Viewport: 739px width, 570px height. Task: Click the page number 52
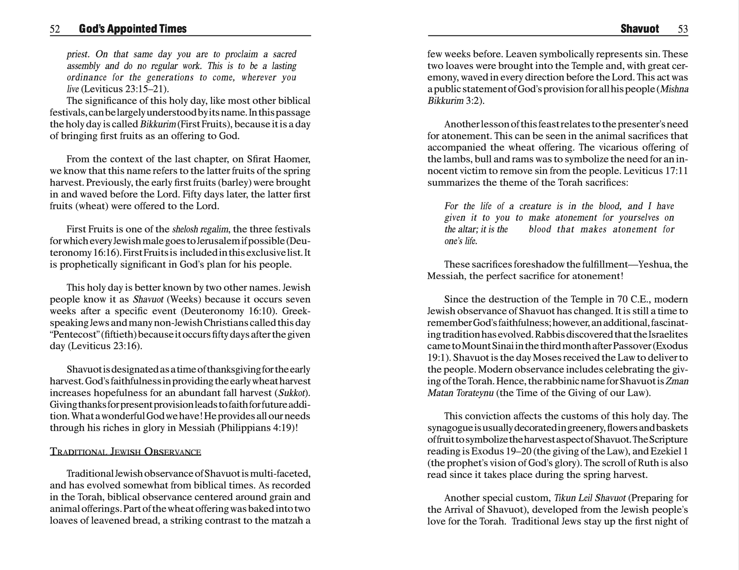pos(55,29)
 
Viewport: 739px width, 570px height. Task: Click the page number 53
pos(683,29)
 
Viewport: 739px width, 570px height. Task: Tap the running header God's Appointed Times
pos(133,29)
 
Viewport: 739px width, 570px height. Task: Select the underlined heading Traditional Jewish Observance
pos(125,452)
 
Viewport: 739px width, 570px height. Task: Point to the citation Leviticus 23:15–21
pos(124,89)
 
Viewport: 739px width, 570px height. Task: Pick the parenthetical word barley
pos(235,183)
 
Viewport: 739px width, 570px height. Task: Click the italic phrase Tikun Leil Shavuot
pos(590,498)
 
